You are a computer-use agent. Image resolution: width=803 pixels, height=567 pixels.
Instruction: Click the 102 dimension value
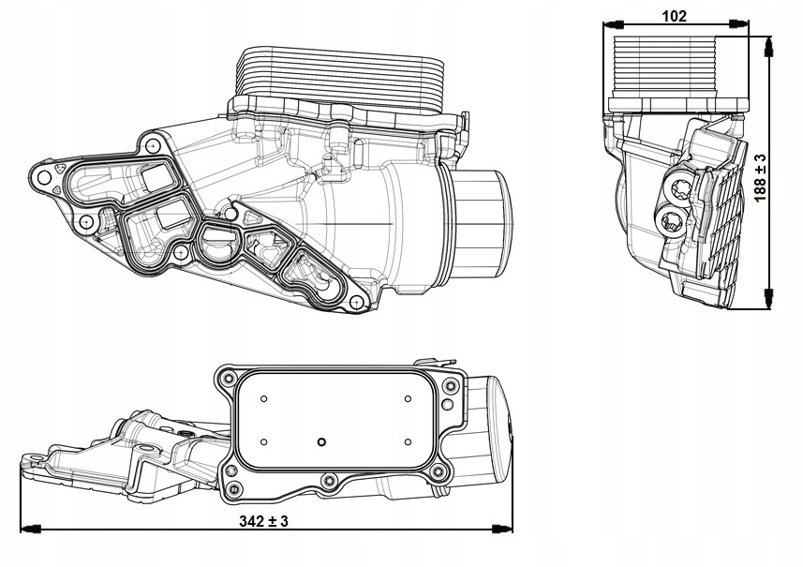coord(674,15)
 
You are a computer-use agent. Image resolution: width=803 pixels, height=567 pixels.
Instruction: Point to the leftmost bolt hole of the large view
coord(40,175)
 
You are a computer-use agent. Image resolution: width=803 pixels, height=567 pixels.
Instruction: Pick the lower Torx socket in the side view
coord(672,222)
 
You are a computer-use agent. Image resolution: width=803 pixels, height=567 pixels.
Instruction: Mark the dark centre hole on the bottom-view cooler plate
coord(321,442)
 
